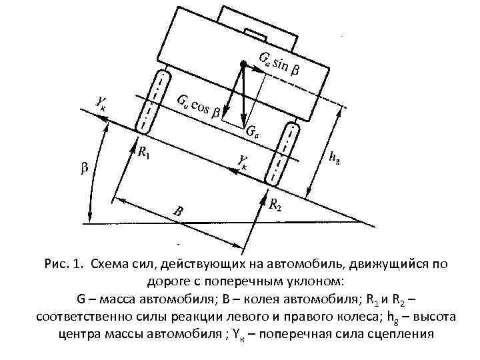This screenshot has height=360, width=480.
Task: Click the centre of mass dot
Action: click(x=245, y=64)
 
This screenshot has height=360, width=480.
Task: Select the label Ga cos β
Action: click(x=199, y=106)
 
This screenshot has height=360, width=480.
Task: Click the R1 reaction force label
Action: click(x=143, y=153)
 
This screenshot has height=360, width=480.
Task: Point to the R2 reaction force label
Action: click(x=275, y=206)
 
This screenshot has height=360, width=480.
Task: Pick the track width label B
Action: click(x=177, y=211)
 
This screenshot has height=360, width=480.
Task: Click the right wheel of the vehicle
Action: click(x=282, y=154)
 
